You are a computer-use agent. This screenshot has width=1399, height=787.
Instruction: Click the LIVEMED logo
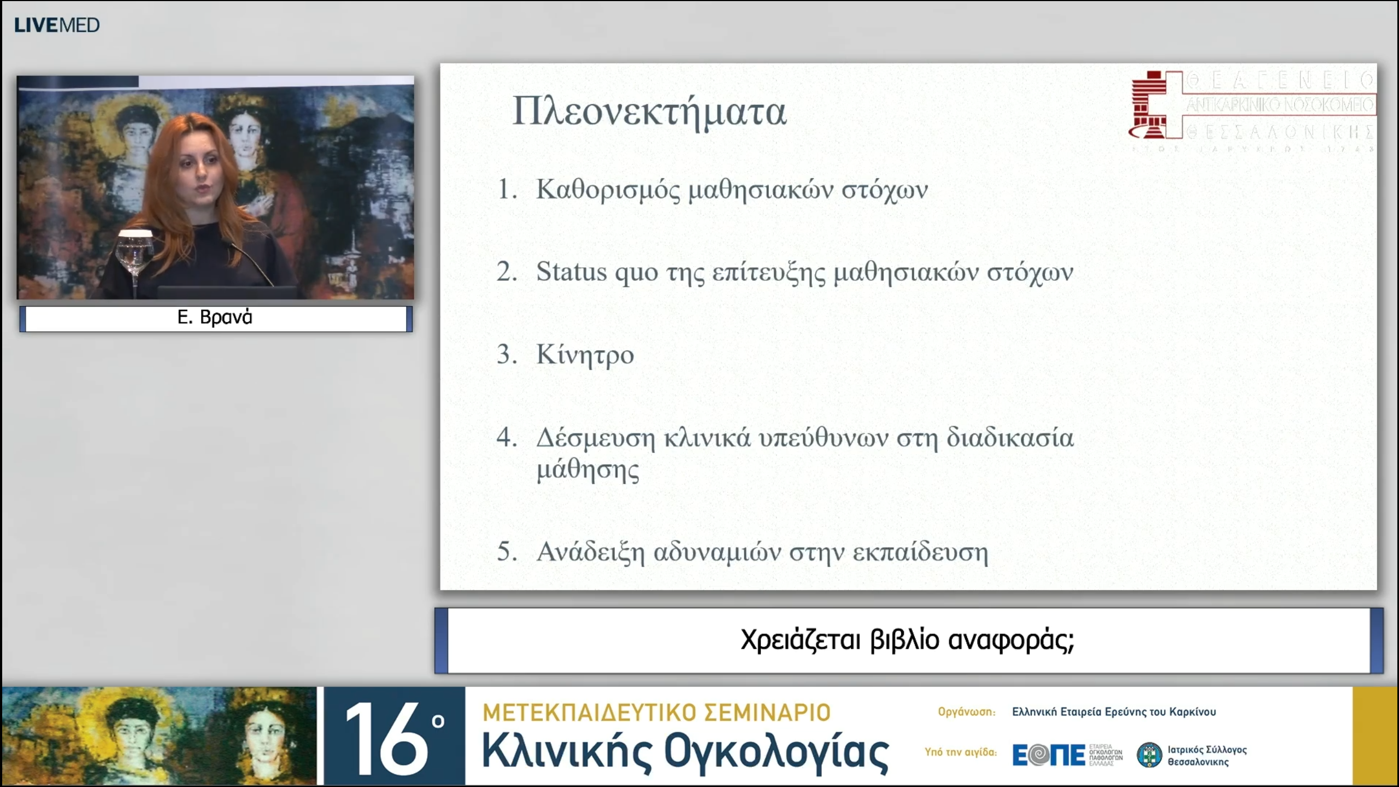pyautogui.click(x=57, y=25)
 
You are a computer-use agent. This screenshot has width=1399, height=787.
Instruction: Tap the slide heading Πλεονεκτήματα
pyautogui.click(x=649, y=112)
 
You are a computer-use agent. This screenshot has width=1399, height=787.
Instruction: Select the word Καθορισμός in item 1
pyautogui.click(x=608, y=190)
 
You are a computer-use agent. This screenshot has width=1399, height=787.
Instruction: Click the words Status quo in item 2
pyautogui.click(x=597, y=272)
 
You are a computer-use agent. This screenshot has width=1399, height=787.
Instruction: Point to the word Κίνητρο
pyautogui.click(x=585, y=355)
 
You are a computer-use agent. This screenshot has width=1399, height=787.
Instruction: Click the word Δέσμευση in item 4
pyautogui.click(x=595, y=438)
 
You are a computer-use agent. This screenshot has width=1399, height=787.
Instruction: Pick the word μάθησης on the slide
pyautogui.click(x=587, y=470)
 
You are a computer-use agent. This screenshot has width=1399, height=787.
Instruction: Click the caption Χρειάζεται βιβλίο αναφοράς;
pyautogui.click(x=907, y=640)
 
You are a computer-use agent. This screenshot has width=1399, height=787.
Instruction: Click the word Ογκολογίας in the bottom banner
pyautogui.click(x=776, y=753)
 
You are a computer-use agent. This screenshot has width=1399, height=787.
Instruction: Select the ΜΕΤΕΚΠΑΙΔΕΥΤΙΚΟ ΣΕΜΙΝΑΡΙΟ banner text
pyautogui.click(x=656, y=713)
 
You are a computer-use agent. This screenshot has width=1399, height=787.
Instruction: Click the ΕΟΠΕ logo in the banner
pyautogui.click(x=1048, y=755)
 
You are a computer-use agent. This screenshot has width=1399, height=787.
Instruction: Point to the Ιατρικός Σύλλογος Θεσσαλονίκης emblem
pyautogui.click(x=1149, y=755)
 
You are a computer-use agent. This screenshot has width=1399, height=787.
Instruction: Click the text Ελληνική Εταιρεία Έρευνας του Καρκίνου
pyautogui.click(x=1114, y=712)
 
